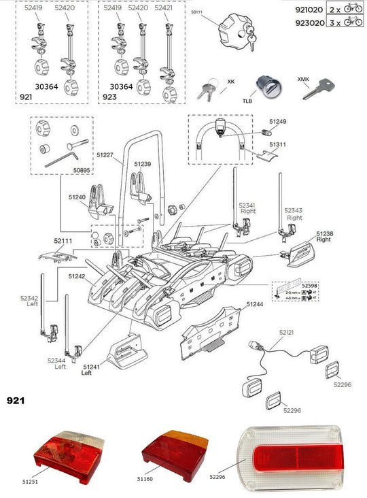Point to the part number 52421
coord(164,9)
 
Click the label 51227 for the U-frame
coord(105,155)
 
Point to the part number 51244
coord(256,304)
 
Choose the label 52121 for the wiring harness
coord(287,333)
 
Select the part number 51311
coord(277,145)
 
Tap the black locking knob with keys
coord(231,30)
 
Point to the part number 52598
coord(310,286)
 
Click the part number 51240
coord(77,197)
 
